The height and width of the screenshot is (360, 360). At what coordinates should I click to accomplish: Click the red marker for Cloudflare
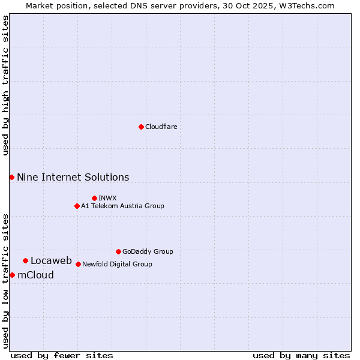(x=141, y=127)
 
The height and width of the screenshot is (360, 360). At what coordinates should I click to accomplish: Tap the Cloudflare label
(x=161, y=127)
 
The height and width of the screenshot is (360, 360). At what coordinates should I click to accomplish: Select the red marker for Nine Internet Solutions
(x=12, y=177)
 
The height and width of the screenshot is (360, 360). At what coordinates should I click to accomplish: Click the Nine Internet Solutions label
(x=73, y=178)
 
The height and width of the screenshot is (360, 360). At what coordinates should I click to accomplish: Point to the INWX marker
(x=94, y=198)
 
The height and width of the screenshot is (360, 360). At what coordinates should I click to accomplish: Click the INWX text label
(x=107, y=199)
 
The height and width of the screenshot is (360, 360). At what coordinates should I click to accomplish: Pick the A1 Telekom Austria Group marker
(x=77, y=206)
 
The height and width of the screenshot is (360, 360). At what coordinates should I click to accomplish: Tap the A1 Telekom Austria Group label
(x=122, y=206)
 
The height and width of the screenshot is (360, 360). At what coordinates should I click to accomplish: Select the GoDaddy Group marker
(x=118, y=251)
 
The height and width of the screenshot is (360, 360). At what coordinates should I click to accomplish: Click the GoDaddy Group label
(x=147, y=252)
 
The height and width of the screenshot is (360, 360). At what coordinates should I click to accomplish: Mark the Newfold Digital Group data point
(x=78, y=264)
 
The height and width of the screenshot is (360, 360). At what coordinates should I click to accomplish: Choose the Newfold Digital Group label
(x=117, y=265)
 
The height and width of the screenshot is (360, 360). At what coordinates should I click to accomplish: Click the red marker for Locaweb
(x=25, y=260)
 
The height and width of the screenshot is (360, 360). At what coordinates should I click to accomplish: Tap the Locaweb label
(x=51, y=261)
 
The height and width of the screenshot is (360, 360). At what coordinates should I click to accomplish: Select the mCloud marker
(x=12, y=275)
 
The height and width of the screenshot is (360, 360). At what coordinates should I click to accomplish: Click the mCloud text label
(x=35, y=275)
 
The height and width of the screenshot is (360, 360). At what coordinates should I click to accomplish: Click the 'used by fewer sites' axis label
(x=62, y=356)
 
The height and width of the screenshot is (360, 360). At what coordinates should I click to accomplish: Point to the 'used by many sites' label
(x=301, y=356)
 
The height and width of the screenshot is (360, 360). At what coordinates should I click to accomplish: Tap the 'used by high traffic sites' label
(x=5, y=85)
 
